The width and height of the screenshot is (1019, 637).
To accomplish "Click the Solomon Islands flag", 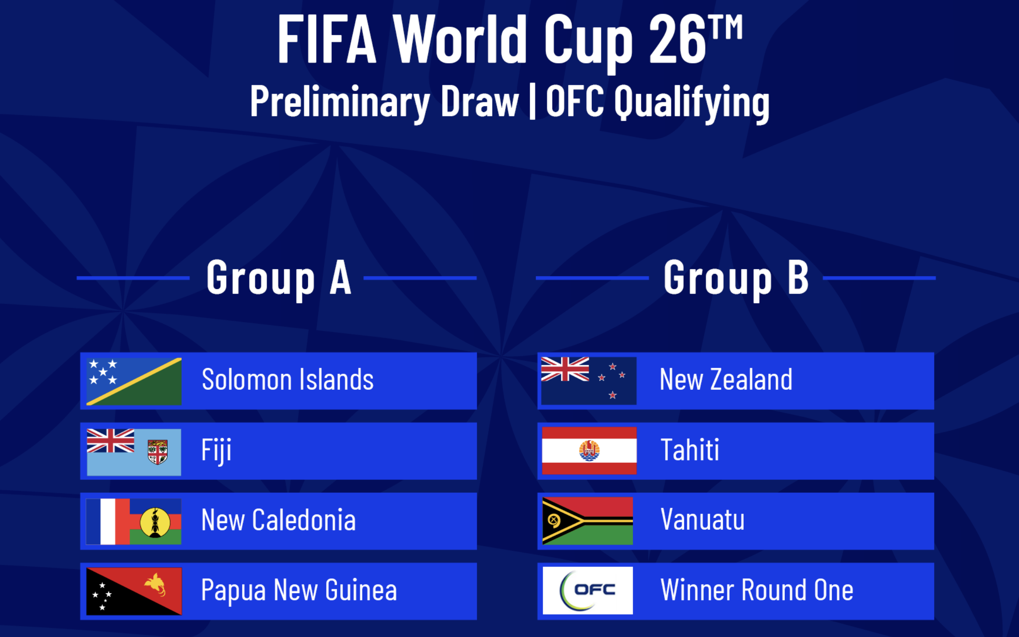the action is point(134,381).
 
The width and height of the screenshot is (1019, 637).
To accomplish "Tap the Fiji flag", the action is point(134,452).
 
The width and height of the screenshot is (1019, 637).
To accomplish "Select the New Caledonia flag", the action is point(134,521).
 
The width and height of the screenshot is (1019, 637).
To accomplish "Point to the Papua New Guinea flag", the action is point(134,591).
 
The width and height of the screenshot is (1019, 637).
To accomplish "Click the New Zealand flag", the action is point(589,381).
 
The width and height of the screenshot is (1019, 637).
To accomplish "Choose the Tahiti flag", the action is point(589,451).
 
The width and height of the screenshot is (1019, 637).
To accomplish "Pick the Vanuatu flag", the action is point(588,521).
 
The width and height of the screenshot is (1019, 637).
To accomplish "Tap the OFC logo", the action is point(588,591).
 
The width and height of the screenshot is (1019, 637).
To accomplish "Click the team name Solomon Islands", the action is point(288,379).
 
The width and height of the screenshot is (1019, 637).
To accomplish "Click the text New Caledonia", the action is point(278,520).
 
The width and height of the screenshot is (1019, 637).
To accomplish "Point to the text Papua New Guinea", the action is point(299,591).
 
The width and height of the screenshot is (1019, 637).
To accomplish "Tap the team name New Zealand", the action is point(726,379).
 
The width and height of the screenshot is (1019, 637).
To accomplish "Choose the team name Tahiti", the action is point(690,450).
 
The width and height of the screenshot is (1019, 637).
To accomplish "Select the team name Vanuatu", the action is point(703,520).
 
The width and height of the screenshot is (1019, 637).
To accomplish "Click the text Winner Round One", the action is point(757,590).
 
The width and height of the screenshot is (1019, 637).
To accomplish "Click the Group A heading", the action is point(279,279).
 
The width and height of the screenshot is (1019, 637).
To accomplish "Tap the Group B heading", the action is point(736,279).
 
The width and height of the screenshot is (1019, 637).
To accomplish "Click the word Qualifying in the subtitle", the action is point(692,103).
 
